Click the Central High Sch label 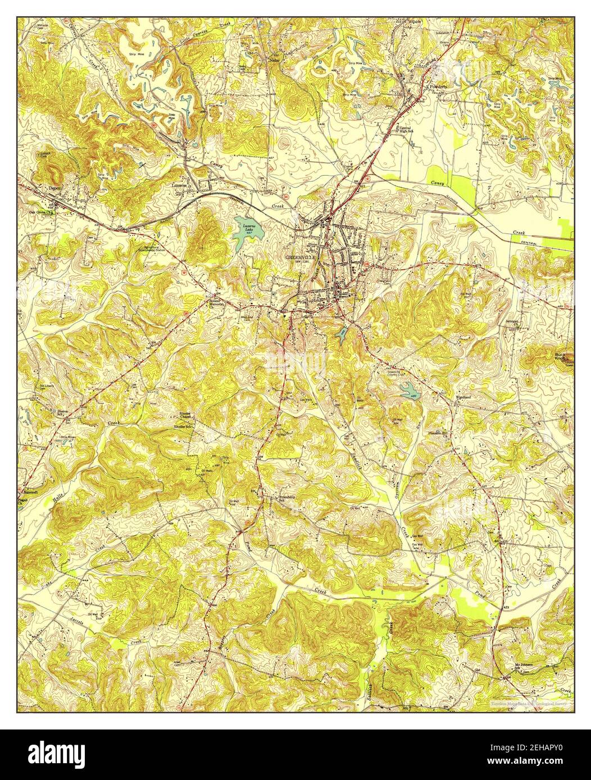click(x=410, y=129)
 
